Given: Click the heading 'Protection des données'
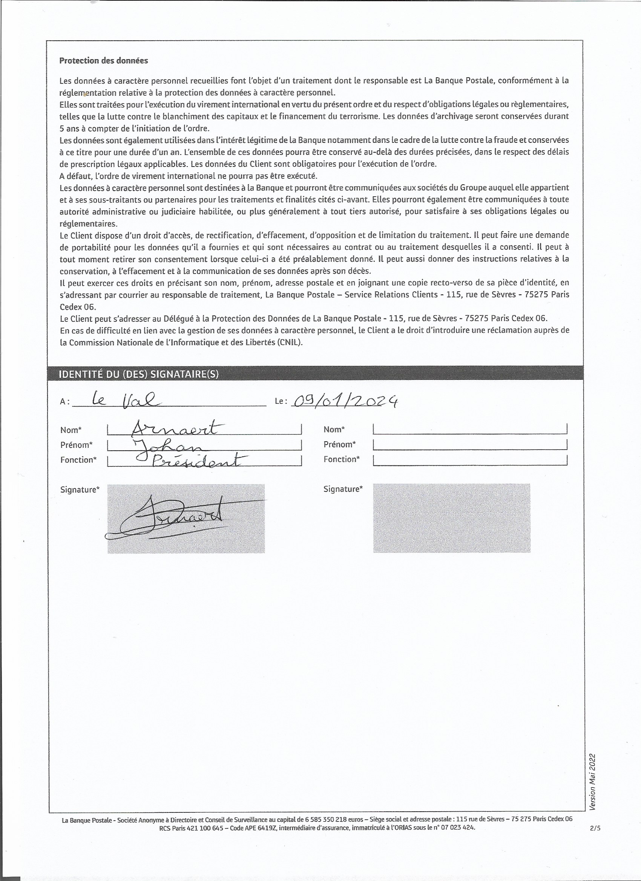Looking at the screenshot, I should coord(103,61).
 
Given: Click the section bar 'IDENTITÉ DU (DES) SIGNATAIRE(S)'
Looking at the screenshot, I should coord(138,374).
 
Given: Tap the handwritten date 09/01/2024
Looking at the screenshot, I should coord(345,401).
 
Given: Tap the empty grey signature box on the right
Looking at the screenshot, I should coord(452,518).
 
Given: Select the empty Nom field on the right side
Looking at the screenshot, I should coord(469,429).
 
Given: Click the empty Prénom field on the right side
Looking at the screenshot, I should coord(469,444).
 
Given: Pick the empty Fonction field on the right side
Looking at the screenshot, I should coord(469,460).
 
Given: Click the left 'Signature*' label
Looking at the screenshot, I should coord(80,489).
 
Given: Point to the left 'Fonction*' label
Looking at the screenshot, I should coord(78,460).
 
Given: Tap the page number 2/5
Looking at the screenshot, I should coord(595,828).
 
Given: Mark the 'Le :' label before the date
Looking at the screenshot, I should coord(281,401).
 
